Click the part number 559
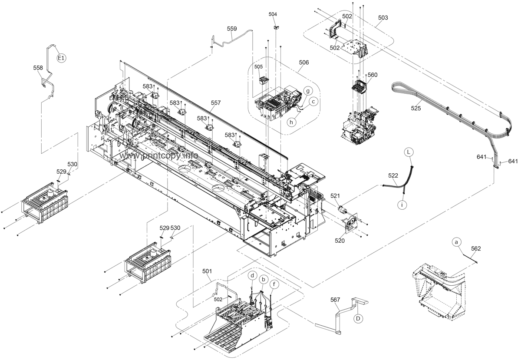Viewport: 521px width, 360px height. [x=232, y=29]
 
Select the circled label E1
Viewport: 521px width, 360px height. [x=61, y=58]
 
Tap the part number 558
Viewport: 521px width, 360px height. [x=38, y=68]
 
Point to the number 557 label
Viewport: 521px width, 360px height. [x=216, y=102]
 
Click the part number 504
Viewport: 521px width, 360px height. [x=273, y=14]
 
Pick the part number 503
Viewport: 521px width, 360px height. [x=383, y=18]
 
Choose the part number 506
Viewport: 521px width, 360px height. [x=304, y=63]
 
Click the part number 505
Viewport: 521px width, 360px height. [x=258, y=67]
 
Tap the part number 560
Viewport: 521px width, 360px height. [x=373, y=75]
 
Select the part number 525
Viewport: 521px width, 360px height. [x=416, y=108]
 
